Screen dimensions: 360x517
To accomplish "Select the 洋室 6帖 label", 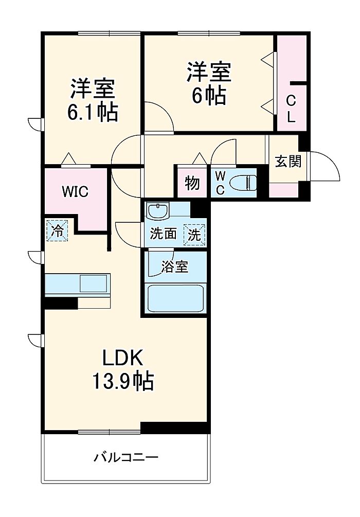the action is pos(209,83).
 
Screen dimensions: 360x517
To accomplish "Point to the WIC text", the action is pos(75,191).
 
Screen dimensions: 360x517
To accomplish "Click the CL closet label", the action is pos(291,109).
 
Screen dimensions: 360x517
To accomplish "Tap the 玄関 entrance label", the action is pos(288,162).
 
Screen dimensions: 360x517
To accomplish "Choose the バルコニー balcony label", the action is pos(127,457).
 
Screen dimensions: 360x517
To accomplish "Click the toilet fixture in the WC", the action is pos(243,183).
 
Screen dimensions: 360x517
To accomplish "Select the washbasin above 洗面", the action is pos(157,211).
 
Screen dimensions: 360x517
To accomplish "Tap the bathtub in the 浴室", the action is pos(175,298).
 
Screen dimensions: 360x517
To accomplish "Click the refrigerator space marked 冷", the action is pos(57,230).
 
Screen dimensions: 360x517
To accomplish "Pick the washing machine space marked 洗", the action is pos(194,235).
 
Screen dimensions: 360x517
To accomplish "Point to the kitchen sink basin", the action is pos(93,283).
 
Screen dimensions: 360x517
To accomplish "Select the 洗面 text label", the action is pos(163,234).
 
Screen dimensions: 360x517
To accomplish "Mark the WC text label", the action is pos(220,183).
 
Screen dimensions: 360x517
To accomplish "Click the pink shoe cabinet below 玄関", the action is pos(284,190).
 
